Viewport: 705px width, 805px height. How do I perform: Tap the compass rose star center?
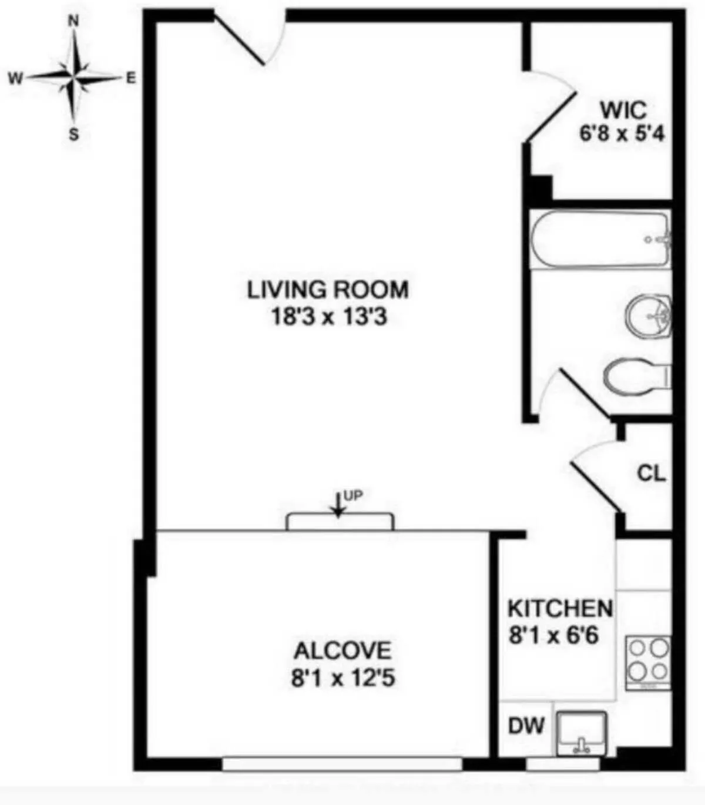[74, 77]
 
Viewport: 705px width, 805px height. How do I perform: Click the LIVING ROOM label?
[328, 290]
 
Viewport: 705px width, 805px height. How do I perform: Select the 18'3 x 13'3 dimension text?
[328, 317]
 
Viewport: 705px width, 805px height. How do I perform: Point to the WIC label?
[623, 110]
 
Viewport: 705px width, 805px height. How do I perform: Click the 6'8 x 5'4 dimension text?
[622, 134]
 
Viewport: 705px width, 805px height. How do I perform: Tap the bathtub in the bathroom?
[600, 240]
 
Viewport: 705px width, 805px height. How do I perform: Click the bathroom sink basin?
[648, 316]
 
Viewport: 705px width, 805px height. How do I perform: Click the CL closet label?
[652, 473]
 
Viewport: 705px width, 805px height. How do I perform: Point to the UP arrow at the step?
[338, 505]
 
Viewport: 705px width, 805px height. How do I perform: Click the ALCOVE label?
[342, 651]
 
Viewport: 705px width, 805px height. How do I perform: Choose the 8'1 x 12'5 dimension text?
[343, 678]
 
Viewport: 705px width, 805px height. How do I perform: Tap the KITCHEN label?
[560, 608]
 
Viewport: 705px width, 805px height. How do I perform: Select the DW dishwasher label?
[526, 726]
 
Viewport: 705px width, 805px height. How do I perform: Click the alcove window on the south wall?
[342, 763]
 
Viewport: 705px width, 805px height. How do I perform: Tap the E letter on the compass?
[130, 78]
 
